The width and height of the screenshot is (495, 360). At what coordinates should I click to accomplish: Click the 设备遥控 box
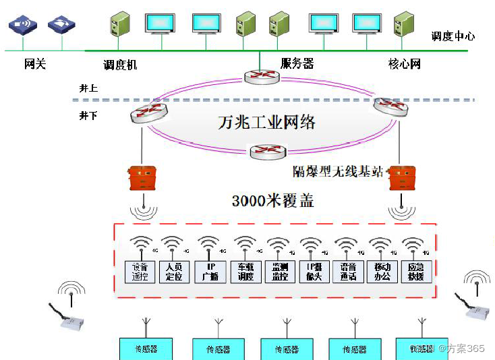(x=140, y=272)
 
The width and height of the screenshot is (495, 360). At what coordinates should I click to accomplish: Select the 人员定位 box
(x=174, y=272)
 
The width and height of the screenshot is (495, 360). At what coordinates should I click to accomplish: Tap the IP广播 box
(x=209, y=272)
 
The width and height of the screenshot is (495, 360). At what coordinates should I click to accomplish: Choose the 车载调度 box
(x=245, y=272)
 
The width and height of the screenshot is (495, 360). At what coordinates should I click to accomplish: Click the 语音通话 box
(x=348, y=272)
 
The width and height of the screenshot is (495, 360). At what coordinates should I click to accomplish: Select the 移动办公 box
(x=382, y=272)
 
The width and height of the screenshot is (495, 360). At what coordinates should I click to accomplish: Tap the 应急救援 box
(x=416, y=272)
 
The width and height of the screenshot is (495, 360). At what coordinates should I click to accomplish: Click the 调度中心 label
(x=453, y=36)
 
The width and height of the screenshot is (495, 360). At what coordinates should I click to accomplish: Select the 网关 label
(x=35, y=65)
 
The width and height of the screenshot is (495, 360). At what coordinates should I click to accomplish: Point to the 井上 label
(x=88, y=88)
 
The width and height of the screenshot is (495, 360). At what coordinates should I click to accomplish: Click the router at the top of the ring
(x=262, y=76)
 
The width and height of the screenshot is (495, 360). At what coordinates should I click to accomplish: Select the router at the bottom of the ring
(x=268, y=152)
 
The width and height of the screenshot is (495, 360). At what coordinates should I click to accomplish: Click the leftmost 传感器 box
(x=146, y=349)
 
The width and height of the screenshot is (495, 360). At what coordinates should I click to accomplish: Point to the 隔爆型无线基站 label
(x=337, y=171)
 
